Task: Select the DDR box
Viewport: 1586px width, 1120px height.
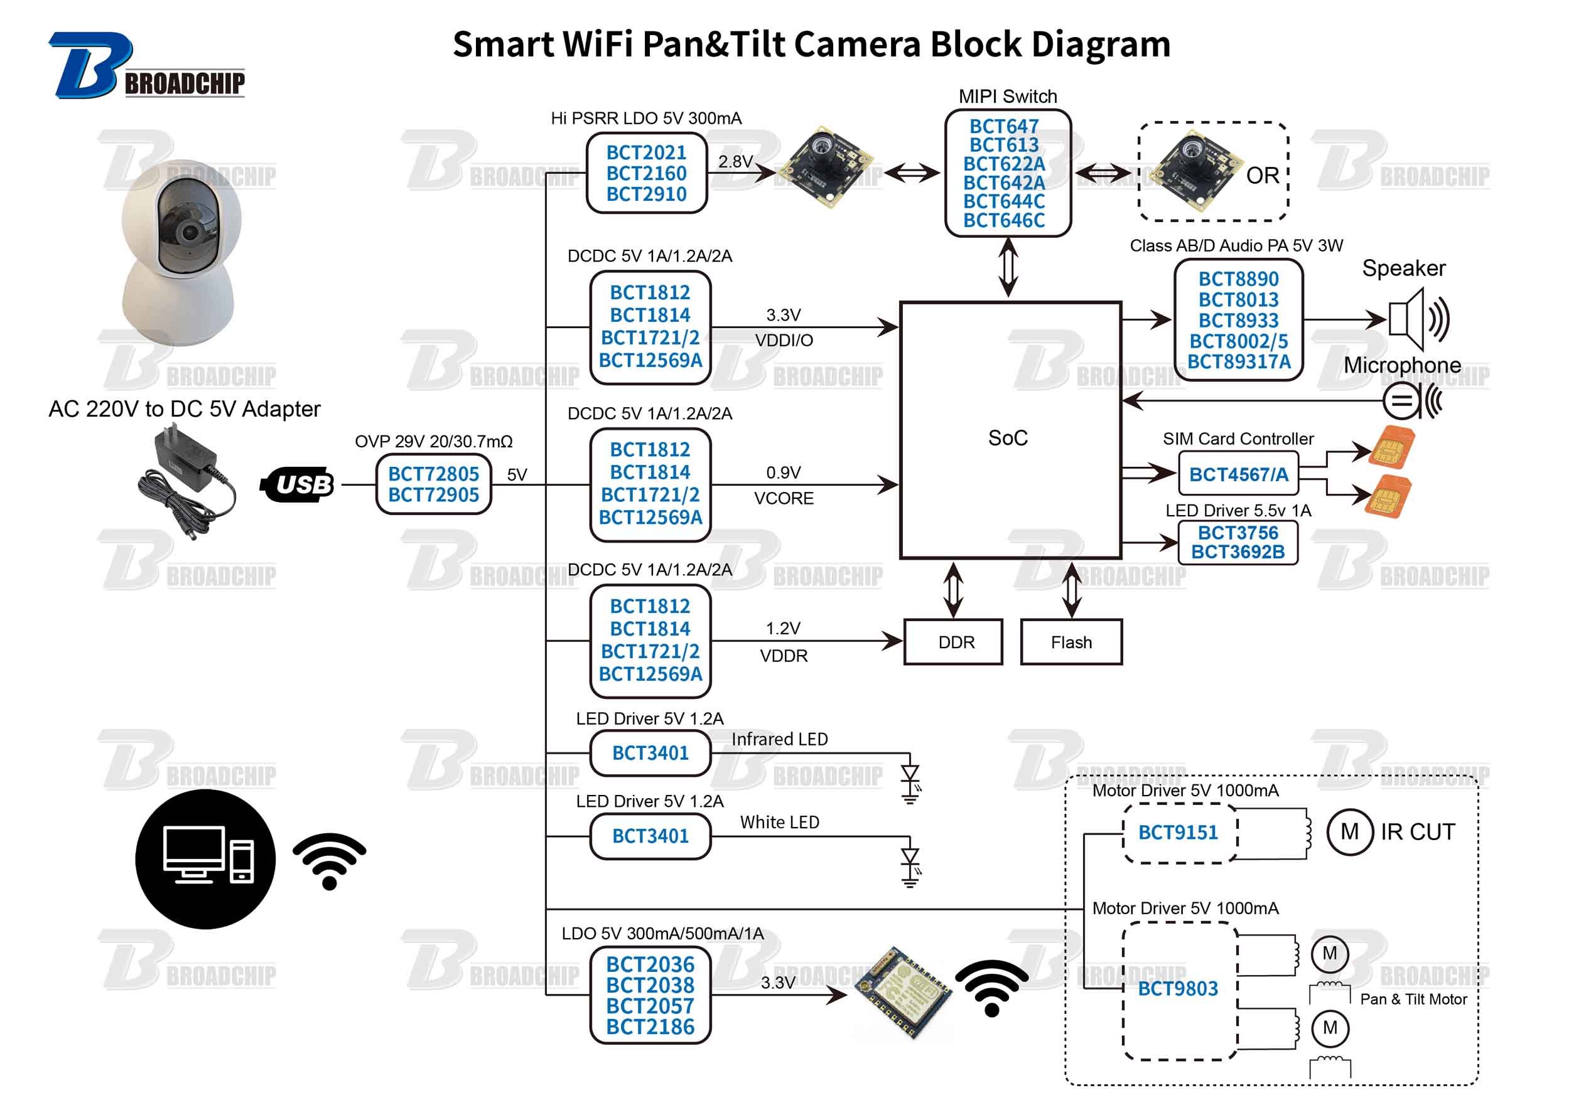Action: point(953,642)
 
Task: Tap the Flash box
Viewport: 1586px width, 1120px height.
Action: point(1071,642)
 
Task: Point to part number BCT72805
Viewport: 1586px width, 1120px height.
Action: point(433,474)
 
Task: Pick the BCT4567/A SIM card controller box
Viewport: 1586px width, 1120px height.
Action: point(1238,474)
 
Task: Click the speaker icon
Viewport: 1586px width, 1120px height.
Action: point(1416,320)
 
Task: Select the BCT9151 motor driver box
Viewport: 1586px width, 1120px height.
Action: point(1179,832)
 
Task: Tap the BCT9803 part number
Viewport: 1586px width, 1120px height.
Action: point(1178,989)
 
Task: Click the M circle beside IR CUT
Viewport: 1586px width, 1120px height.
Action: point(1349,832)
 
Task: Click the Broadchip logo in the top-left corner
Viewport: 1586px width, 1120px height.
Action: point(145,67)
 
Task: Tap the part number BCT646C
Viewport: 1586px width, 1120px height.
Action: point(1004,220)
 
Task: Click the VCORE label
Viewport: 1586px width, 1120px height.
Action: point(784,499)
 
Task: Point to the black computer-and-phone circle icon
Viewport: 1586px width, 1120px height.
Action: point(205,859)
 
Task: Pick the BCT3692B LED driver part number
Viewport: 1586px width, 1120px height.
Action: point(1238,552)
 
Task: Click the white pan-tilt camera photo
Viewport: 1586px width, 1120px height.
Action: point(181,252)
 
